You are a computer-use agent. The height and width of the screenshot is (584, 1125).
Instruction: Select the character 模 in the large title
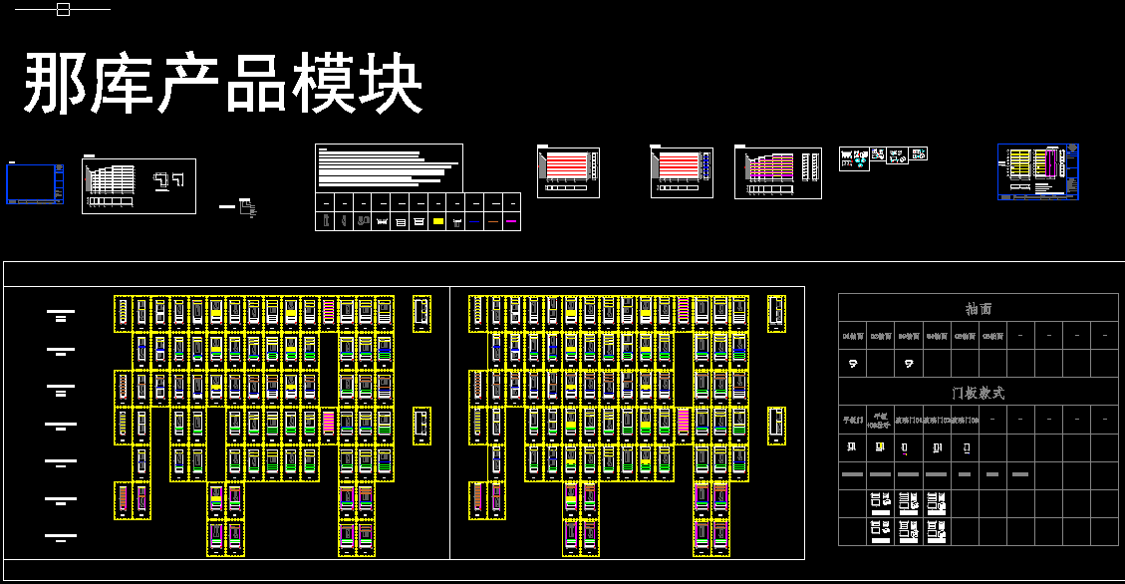(324, 85)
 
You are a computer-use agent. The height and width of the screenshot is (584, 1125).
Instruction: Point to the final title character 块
(391, 85)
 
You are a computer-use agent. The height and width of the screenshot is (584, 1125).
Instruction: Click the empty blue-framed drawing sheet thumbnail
(35, 184)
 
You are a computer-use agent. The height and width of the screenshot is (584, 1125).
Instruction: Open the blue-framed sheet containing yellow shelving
(1038, 171)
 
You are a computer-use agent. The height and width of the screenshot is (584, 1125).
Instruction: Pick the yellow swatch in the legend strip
(436, 222)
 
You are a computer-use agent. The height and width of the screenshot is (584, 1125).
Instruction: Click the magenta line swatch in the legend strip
(511, 222)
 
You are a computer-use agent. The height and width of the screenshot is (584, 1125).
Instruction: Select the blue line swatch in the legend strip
(474, 222)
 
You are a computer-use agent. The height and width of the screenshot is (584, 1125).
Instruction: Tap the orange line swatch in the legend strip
(492, 222)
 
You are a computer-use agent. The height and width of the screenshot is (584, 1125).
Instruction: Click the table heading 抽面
(979, 309)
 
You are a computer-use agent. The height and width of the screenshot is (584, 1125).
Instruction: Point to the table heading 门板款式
(979, 393)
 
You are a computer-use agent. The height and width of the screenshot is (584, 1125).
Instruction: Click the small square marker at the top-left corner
(63, 10)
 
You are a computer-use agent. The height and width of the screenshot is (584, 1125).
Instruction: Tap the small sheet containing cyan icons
(854, 158)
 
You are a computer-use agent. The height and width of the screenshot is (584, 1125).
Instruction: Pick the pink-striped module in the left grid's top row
(329, 312)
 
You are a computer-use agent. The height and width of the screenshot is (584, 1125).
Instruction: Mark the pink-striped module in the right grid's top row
(684, 312)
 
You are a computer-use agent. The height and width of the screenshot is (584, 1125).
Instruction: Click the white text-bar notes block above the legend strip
(389, 167)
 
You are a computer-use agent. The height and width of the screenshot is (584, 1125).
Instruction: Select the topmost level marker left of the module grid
(61, 315)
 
